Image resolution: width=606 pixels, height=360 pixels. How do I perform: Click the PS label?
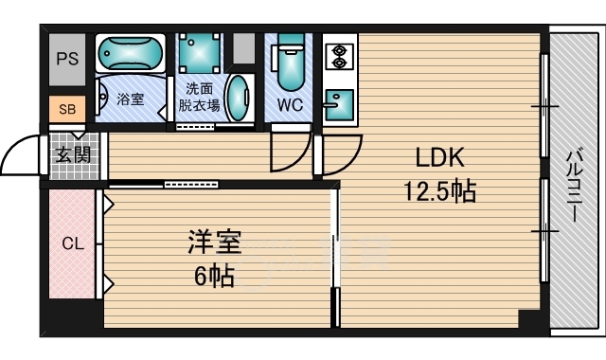(67, 59)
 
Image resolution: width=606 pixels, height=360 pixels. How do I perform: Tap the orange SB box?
(66, 109)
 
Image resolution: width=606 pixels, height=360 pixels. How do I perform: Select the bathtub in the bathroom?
(132, 57)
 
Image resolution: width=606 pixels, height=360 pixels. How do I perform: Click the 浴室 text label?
(132, 99)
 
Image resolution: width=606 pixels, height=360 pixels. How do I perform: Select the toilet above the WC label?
(290, 63)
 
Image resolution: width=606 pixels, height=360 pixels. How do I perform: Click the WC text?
(290, 104)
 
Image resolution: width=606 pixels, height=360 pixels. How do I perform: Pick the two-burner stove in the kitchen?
(338, 58)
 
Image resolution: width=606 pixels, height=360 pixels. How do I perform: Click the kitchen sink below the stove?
(338, 101)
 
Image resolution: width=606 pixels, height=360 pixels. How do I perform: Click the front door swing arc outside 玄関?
(21, 156)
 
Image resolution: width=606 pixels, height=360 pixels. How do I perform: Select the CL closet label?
(72, 243)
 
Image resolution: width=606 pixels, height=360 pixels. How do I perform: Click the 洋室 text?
(213, 243)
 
